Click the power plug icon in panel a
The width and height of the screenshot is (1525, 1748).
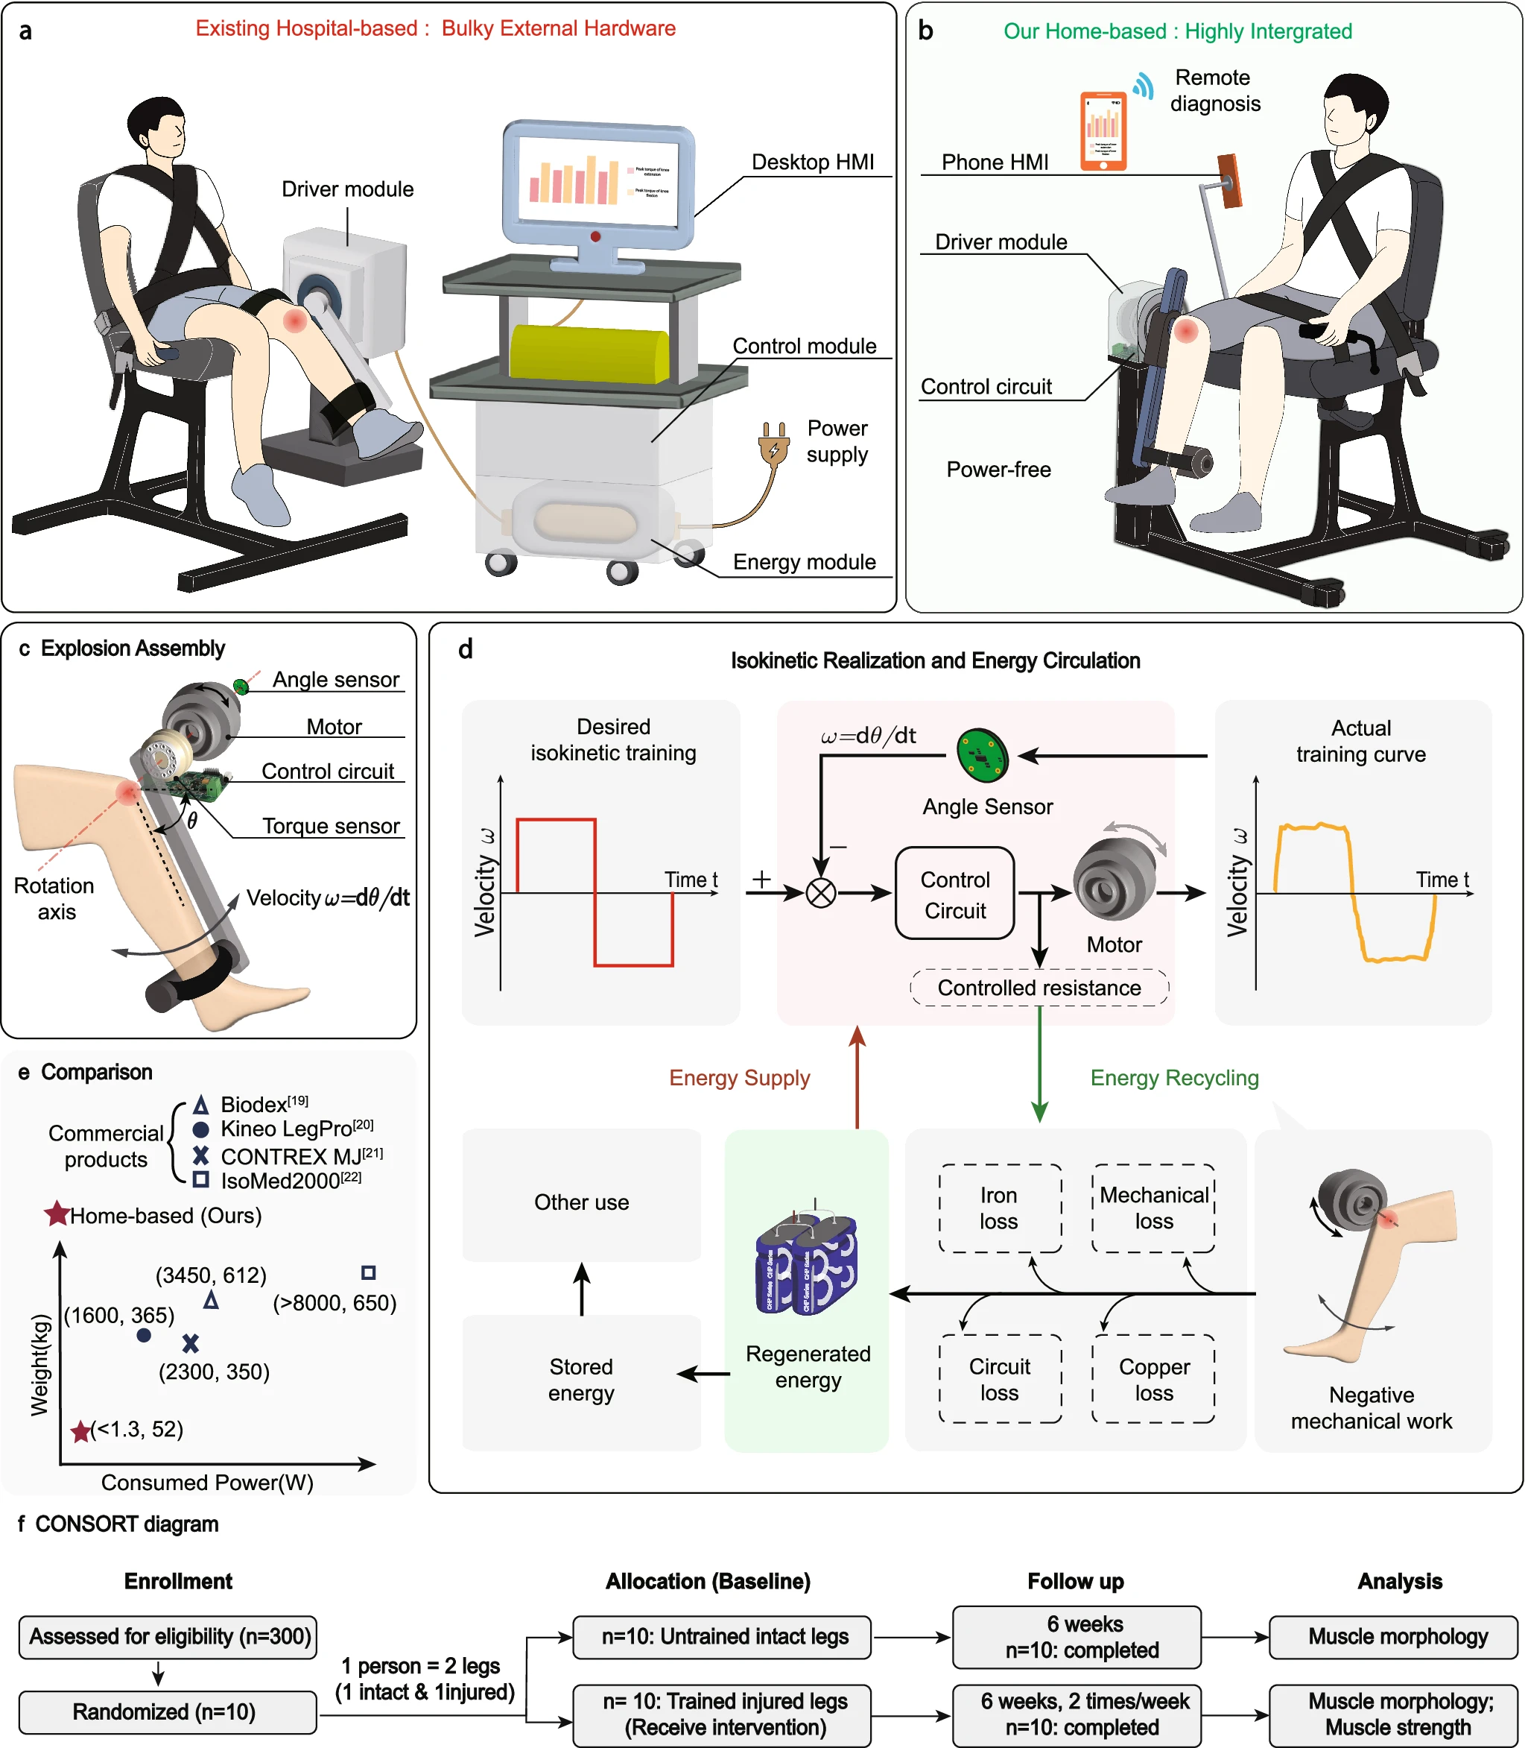click(773, 443)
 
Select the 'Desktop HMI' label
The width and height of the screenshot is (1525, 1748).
click(813, 162)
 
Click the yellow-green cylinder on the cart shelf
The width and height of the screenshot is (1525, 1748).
click(589, 353)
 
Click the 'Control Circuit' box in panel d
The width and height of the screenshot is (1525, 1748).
click(955, 894)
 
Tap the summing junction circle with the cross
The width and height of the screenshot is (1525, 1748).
click(821, 893)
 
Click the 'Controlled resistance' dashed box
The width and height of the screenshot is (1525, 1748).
click(1039, 988)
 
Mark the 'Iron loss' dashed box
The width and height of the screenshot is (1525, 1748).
click(1000, 1208)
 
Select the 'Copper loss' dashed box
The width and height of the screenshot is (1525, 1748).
click(1153, 1379)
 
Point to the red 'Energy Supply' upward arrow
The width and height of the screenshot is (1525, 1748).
click(857, 1077)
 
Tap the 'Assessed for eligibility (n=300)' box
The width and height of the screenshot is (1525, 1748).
click(168, 1636)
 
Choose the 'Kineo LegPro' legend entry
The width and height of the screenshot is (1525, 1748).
click(285, 1130)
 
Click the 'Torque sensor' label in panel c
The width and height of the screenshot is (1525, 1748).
click(330, 826)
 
